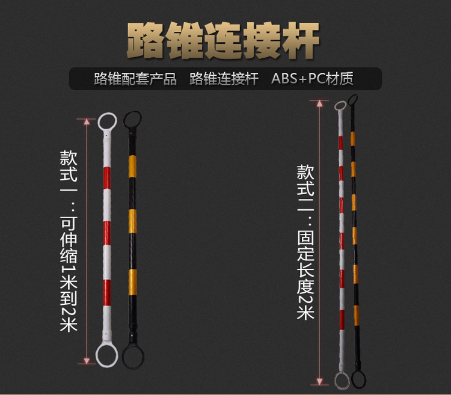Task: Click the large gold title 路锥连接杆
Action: coord(223,40)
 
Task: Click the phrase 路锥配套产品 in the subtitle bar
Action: coord(135,79)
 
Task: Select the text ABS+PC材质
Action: coord(312,79)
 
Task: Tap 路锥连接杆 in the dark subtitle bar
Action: coord(224,79)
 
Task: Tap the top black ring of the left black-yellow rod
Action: coord(132,119)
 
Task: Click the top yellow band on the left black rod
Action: coord(132,166)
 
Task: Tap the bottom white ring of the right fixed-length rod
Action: coord(342,381)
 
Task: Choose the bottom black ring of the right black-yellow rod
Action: coord(359,379)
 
